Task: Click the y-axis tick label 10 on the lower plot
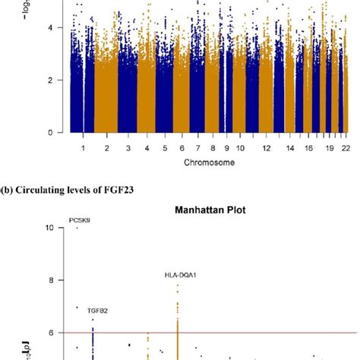(49, 228)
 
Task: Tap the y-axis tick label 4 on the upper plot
(51, 27)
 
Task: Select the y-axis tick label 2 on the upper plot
(51, 80)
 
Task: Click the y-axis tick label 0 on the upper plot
(51, 132)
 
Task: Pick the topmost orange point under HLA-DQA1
(178, 286)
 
